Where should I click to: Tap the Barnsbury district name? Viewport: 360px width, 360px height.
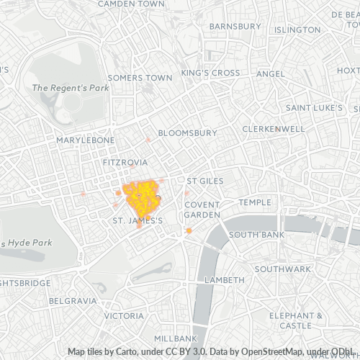(x=235, y=27)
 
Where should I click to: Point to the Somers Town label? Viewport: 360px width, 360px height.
(x=140, y=78)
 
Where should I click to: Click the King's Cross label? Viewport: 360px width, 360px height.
(x=210, y=73)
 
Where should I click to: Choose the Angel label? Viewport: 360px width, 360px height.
(x=271, y=73)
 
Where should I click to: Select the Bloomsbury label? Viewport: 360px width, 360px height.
(x=187, y=133)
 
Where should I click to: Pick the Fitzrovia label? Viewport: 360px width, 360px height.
(x=125, y=163)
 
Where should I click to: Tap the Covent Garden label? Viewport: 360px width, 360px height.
(x=202, y=210)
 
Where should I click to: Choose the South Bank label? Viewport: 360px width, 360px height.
(x=256, y=235)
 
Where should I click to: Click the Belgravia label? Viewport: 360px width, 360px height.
(x=73, y=300)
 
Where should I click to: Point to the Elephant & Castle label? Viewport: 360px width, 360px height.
(x=295, y=320)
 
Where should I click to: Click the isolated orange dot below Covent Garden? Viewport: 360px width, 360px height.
(x=189, y=231)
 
